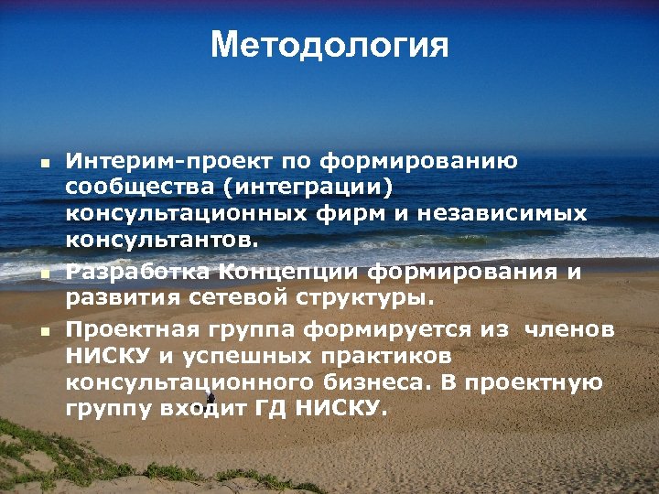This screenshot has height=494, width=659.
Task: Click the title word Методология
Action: click(329, 45)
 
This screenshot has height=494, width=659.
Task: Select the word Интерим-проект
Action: click(168, 162)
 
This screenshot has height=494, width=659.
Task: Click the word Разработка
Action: click(138, 271)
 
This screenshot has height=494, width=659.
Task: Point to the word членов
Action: click(568, 328)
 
